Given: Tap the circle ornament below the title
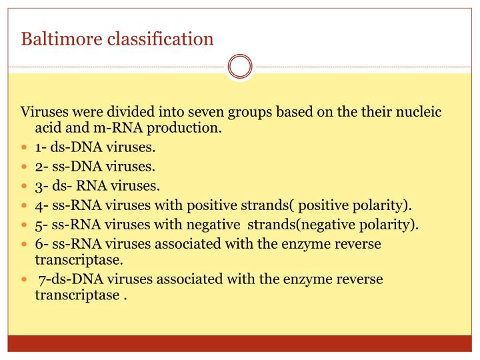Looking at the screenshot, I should click(x=240, y=67).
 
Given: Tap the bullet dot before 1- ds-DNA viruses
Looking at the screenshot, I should click(x=25, y=148).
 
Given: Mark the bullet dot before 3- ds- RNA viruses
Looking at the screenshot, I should click(x=25, y=187).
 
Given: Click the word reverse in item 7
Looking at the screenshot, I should click(x=359, y=279).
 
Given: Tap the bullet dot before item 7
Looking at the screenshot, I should click(x=25, y=279).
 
